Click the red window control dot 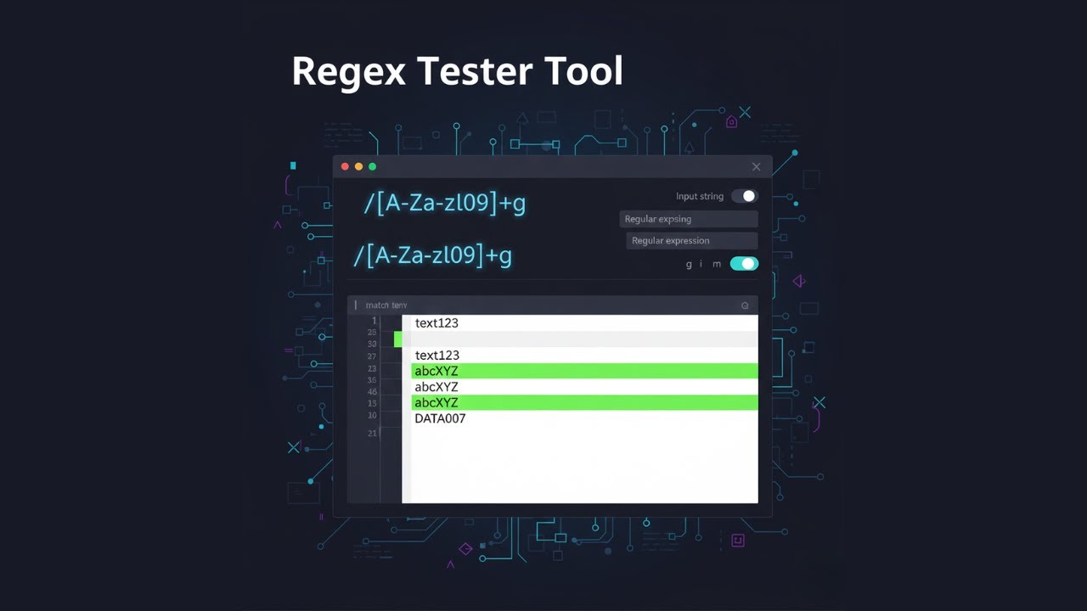click(345, 166)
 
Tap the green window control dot click(372, 166)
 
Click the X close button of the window click(756, 166)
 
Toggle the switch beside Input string click(744, 196)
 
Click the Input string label click(700, 196)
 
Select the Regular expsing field click(688, 219)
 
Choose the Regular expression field click(691, 241)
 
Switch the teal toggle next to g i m click(744, 264)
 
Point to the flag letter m click(717, 265)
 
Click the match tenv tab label click(386, 305)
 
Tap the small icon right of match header click(745, 305)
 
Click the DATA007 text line click(440, 418)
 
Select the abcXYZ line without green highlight click(436, 387)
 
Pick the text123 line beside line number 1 click(436, 323)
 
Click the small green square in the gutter click(398, 339)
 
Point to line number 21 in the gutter click(372, 434)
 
